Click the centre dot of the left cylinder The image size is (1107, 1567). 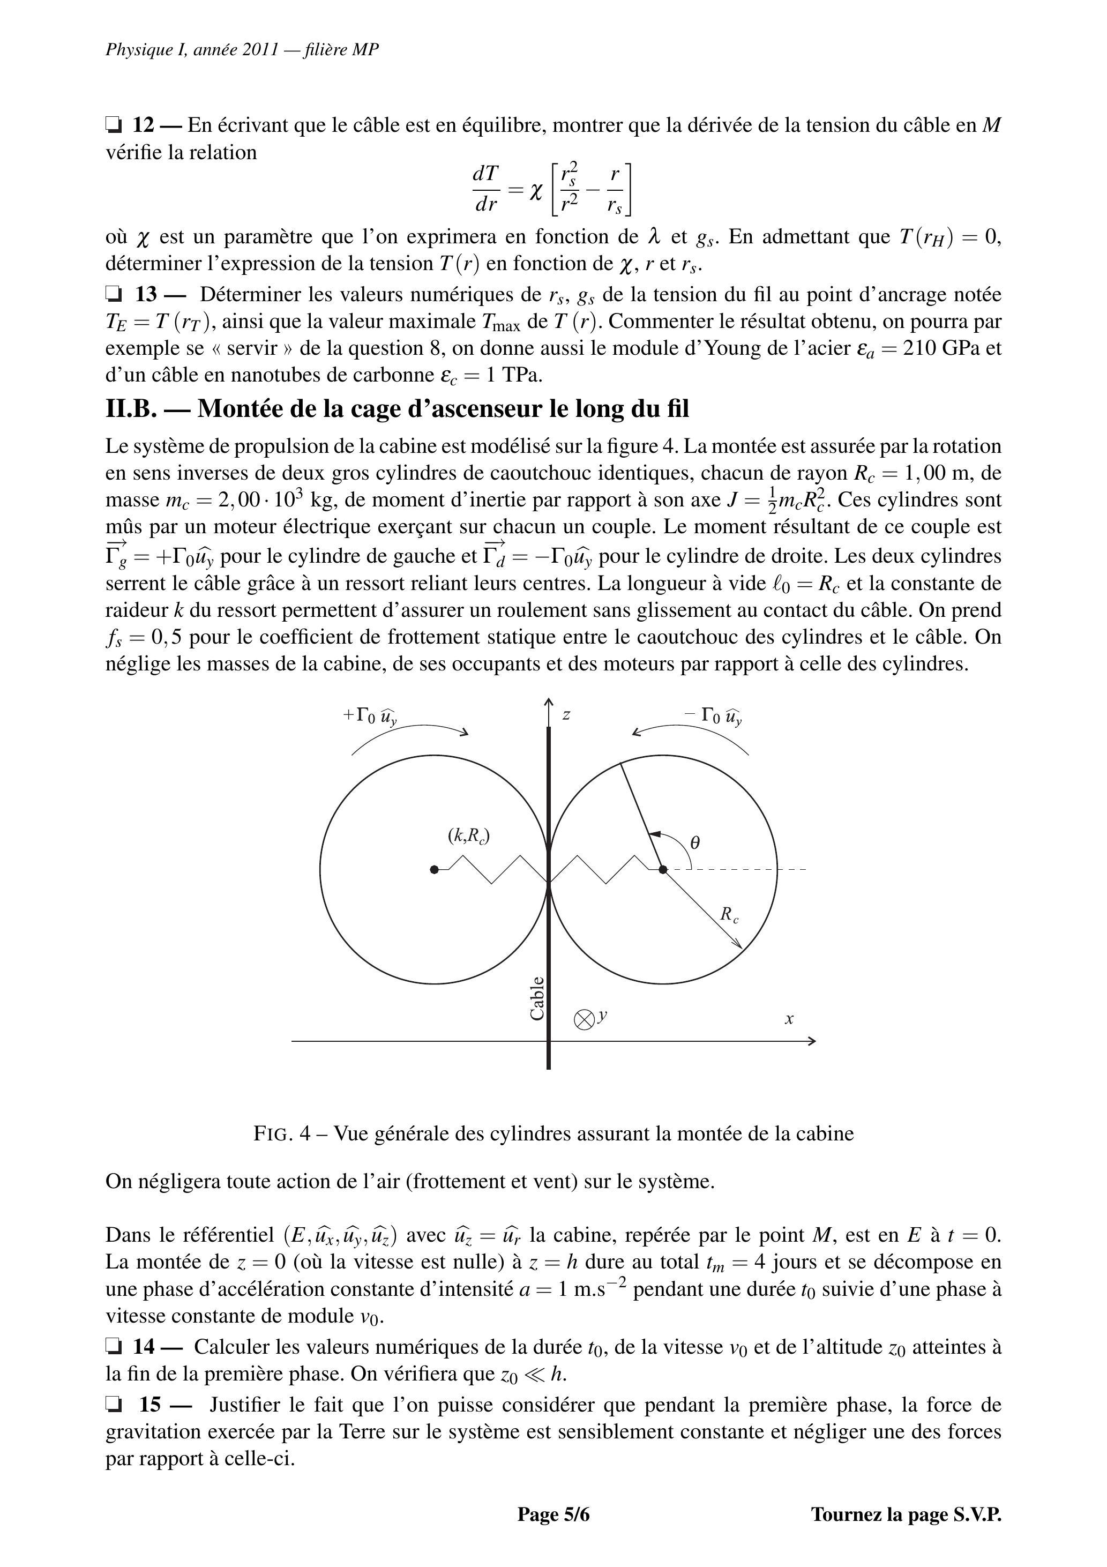pyautogui.click(x=434, y=869)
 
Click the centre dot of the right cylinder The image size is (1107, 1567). pyautogui.click(x=663, y=869)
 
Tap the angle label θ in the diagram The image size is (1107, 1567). pyautogui.click(x=695, y=843)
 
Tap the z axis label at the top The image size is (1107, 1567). pyautogui.click(x=566, y=714)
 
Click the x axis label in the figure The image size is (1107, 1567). pyautogui.click(x=789, y=1019)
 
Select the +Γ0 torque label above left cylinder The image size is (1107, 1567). pyautogui.click(x=370, y=716)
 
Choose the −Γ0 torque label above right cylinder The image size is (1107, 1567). pyautogui.click(x=714, y=716)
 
